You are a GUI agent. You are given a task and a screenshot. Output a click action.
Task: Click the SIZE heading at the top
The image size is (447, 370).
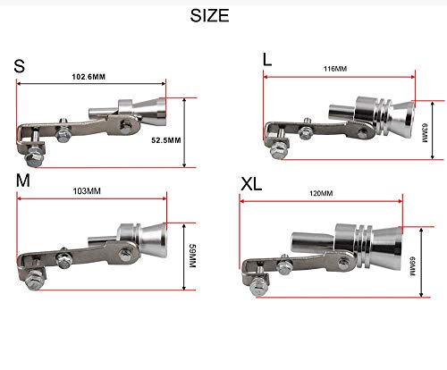pyautogui.click(x=209, y=15)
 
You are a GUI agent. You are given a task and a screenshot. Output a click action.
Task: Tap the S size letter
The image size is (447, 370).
pyautogui.click(x=19, y=66)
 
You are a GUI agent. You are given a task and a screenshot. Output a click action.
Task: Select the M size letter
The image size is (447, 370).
pyautogui.click(x=23, y=181)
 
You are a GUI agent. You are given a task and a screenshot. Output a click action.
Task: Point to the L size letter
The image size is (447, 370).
pyautogui.click(x=267, y=59)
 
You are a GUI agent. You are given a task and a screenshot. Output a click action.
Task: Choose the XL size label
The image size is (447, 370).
pyautogui.click(x=251, y=184)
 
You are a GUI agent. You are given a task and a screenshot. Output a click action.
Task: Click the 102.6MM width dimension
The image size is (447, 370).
pyautogui.click(x=89, y=77)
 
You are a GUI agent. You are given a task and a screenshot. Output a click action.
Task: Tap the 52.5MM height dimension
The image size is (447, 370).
pyautogui.click(x=166, y=140)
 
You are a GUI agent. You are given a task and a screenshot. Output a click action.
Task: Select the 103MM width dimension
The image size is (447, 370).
pyautogui.click(x=87, y=191)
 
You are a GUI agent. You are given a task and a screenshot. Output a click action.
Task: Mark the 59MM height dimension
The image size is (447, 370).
pyautogui.click(x=192, y=256)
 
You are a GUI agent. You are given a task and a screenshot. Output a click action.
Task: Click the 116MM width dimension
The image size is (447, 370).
pyautogui.click(x=335, y=69)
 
